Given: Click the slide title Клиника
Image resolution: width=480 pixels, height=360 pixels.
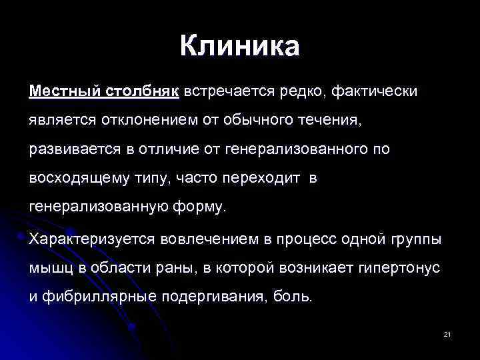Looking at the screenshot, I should tap(239, 47).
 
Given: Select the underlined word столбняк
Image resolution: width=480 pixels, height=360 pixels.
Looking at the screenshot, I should tap(141, 91).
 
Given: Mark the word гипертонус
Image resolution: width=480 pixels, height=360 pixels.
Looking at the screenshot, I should tap(400, 267).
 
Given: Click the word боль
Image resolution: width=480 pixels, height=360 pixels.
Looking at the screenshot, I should tap(292, 297).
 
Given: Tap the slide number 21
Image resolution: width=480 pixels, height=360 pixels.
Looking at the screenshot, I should tap(447, 333).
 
